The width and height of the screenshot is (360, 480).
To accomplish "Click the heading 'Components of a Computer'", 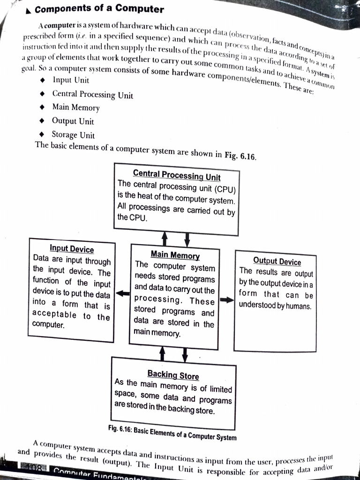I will (99, 9).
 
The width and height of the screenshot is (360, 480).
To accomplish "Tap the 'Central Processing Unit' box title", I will (177, 176).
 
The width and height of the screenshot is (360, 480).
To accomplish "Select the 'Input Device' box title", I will (72, 249).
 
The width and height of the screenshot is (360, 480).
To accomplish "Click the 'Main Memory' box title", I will (175, 255).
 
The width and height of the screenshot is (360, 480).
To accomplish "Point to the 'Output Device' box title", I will (277, 261).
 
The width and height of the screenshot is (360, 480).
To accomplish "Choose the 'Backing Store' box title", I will (173, 375).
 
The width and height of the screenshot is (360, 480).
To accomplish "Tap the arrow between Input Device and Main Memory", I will (122, 294).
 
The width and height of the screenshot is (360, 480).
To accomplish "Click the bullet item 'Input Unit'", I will (71, 80).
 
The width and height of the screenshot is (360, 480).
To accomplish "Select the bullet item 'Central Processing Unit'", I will (92, 94).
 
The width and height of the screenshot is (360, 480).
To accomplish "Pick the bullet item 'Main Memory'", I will (76, 107).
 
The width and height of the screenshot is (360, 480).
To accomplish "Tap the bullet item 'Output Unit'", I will (73, 121).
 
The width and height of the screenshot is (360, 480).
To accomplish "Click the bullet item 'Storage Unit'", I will (73, 135).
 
